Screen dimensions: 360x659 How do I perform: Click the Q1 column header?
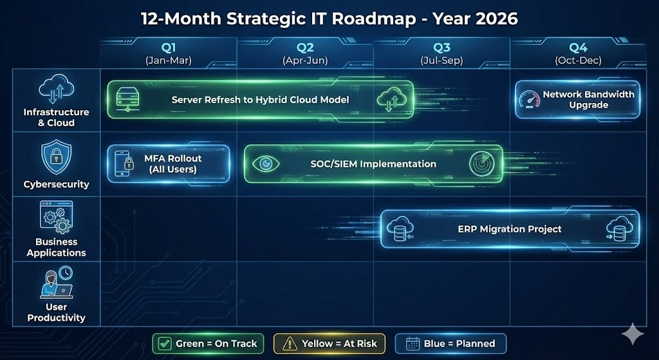point(169,48)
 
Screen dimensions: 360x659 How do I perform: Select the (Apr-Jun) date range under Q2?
point(305,61)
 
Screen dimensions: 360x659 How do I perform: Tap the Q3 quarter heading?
point(441,48)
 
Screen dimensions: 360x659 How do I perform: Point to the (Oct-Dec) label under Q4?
point(578,61)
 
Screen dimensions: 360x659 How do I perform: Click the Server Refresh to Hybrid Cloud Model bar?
point(260,100)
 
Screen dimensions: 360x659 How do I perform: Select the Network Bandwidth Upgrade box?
point(577,100)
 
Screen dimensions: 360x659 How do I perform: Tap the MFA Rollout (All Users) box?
point(169,164)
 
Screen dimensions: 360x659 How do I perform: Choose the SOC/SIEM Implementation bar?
point(373,164)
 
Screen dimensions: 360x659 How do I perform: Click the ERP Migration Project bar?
point(510,229)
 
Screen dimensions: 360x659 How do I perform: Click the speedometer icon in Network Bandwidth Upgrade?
point(529,100)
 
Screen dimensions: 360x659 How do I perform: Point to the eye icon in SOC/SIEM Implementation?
point(265,164)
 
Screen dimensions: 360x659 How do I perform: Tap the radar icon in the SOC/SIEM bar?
point(479,164)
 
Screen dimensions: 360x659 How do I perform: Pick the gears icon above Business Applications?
point(56,217)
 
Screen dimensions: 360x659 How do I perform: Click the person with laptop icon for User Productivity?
point(56,283)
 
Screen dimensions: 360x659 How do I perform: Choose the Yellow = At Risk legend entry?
point(329,343)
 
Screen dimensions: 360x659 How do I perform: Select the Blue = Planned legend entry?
point(450,343)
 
